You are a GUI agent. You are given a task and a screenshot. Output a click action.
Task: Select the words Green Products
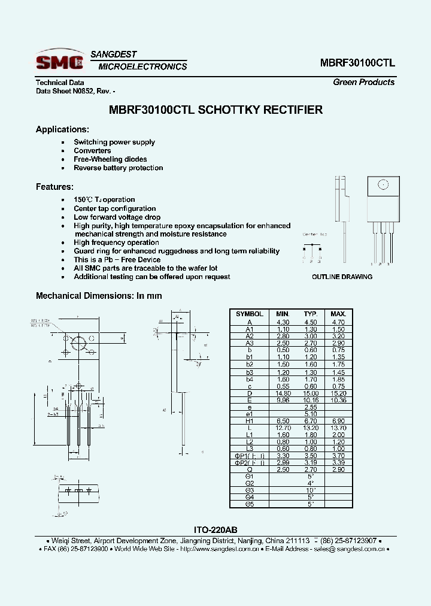coord(363,83)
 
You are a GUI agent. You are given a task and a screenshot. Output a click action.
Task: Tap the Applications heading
coord(62,129)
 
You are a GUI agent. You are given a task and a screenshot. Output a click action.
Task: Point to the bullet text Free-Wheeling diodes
coord(110,159)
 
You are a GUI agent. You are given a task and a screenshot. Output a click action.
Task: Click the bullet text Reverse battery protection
coord(118,168)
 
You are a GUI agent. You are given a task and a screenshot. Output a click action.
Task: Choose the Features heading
coord(54,187)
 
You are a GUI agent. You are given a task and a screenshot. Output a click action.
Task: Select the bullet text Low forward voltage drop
coord(117,217)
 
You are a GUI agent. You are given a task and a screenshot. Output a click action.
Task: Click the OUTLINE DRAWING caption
coord(342,277)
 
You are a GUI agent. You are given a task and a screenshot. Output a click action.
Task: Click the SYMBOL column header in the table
coord(250,314)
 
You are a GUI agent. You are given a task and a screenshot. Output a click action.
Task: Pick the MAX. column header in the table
coord(338,314)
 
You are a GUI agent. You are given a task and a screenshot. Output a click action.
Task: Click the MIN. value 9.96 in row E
coord(283,400)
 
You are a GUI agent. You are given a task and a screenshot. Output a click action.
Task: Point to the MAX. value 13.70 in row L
coord(338,428)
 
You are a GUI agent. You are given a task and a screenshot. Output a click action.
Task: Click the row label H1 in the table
coord(250,421)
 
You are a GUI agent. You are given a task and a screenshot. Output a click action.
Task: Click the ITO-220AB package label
coord(215,530)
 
